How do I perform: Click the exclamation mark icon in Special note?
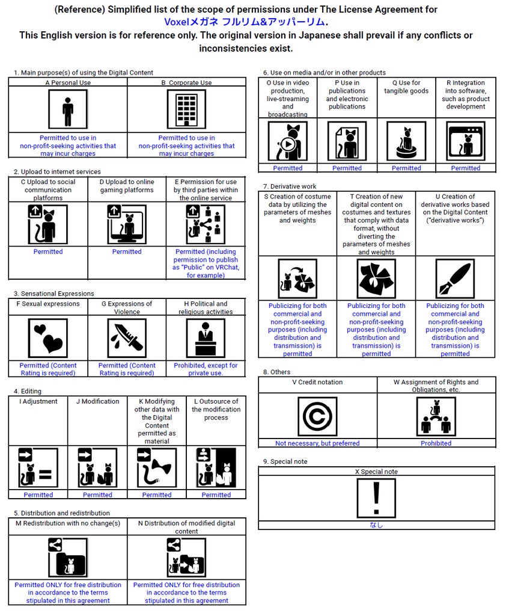coord(376,498)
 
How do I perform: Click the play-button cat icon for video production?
coord(288,141)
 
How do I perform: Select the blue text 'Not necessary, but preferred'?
coord(317,443)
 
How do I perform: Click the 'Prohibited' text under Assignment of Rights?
coord(436,443)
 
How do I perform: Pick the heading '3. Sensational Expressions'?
coord(54,294)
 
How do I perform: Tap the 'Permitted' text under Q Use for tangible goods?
coord(406,168)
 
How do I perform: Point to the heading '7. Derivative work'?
coord(290,186)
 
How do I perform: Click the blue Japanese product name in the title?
coord(246,22)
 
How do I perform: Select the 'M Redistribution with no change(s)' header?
coord(68,523)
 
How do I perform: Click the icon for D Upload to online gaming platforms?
coord(127,224)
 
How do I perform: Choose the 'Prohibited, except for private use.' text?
coord(206,369)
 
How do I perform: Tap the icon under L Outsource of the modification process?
coord(216,467)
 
